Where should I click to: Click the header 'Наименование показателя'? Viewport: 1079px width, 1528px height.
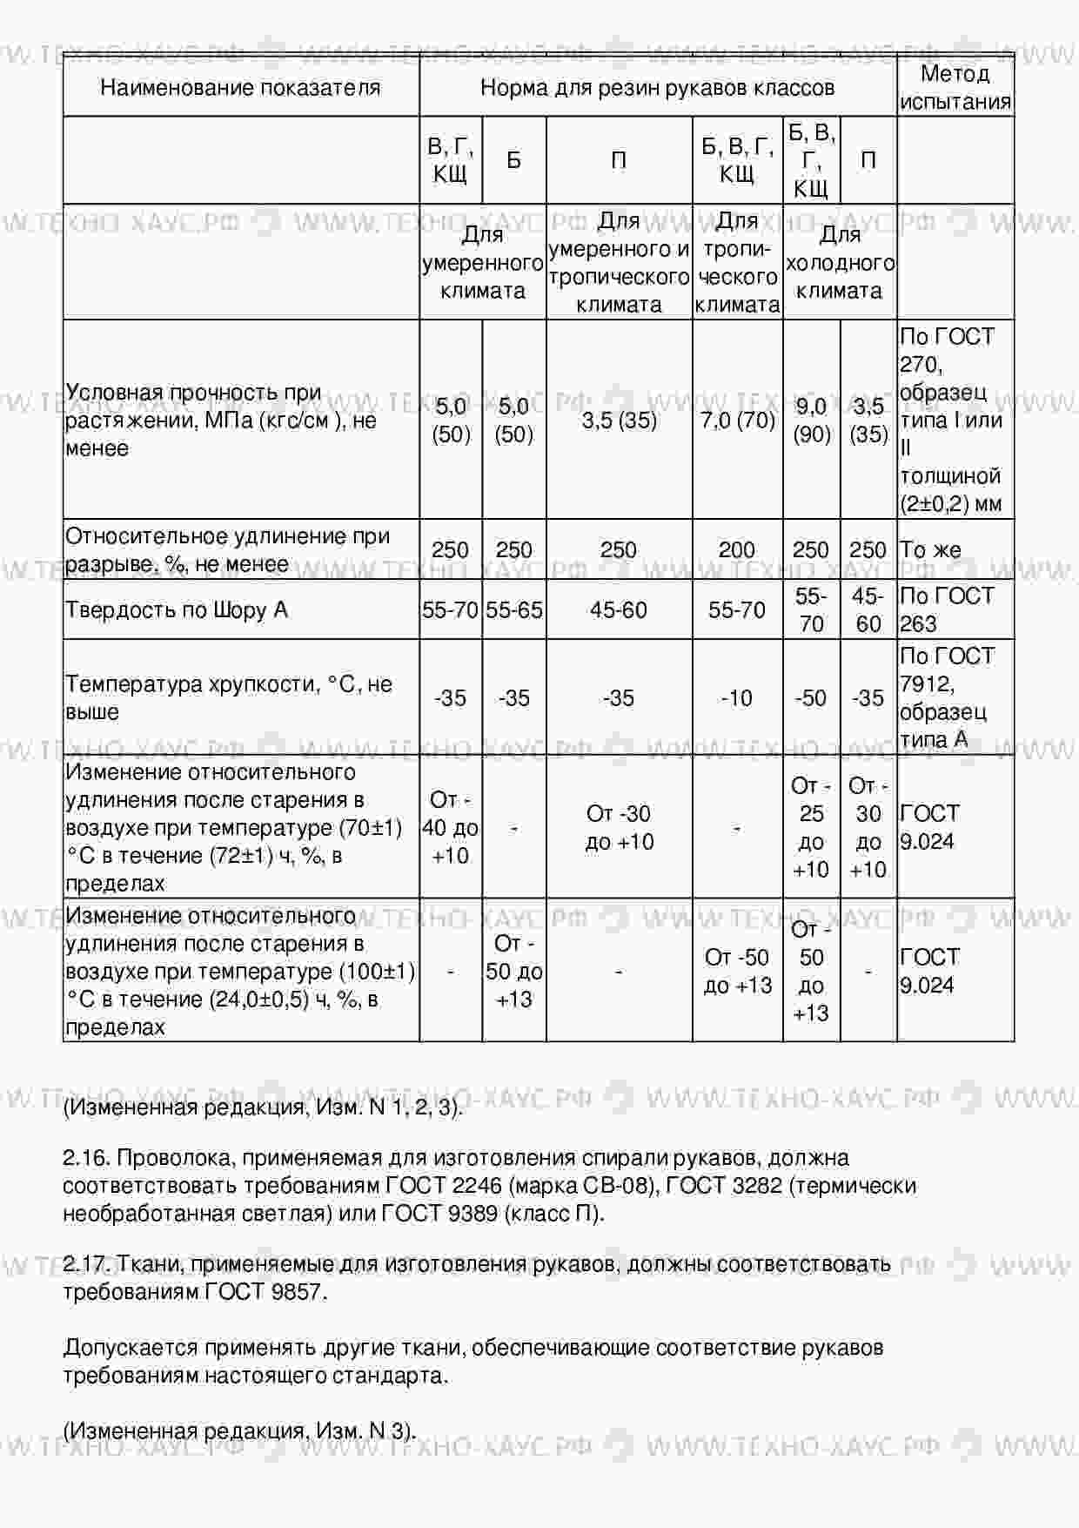coord(240,87)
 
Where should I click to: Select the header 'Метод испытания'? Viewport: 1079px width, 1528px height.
coord(955,87)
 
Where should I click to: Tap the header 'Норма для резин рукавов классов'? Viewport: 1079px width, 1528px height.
coord(657,87)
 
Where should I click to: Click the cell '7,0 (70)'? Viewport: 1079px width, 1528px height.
coord(737,421)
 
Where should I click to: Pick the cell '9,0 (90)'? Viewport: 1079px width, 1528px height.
coord(811,421)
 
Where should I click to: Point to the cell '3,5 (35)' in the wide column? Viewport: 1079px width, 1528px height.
coord(619,421)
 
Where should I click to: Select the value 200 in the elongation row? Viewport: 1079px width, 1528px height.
coord(737,550)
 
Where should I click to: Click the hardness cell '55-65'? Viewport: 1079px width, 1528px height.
coord(513,610)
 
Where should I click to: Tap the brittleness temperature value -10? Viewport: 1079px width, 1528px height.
coord(737,698)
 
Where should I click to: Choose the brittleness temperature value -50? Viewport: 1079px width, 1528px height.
coord(811,698)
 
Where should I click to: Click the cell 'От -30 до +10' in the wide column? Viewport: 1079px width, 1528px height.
coord(619,827)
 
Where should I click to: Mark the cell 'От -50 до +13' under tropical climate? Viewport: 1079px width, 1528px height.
coord(738,971)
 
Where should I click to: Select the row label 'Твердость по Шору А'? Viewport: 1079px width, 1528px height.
coord(177,610)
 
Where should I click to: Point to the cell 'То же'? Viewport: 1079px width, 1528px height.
coord(930,550)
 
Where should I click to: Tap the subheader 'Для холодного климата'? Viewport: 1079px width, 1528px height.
coord(840,262)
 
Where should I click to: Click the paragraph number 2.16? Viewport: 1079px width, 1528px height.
coord(85,1158)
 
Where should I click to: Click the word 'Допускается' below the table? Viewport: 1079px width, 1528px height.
coord(131,1348)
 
